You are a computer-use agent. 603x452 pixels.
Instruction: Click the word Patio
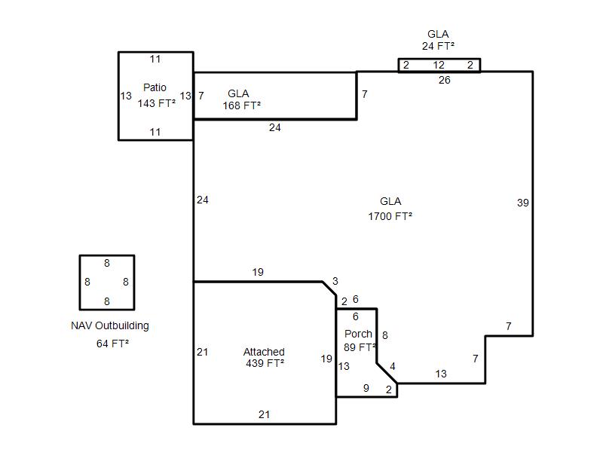(155, 87)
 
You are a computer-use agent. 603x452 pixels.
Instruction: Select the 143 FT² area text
(157, 103)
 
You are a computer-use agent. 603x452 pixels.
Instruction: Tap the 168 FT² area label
(241, 105)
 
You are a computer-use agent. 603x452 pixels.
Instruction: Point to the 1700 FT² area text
(390, 216)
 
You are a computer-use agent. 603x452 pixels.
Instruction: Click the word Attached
(264, 352)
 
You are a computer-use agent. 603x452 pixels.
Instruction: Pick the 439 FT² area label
(265, 363)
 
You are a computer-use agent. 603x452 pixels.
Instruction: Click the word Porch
(358, 334)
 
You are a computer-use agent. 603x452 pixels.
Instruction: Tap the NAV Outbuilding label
(110, 325)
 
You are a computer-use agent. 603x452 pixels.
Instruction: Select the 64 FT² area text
(112, 344)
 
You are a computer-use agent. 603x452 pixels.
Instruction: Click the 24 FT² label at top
(438, 46)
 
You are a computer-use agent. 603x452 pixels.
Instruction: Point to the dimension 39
(522, 203)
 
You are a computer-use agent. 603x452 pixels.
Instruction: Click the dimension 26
(444, 80)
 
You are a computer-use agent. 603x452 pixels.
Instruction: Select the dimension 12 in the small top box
(439, 65)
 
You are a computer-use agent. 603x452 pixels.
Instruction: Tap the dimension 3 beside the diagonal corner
(335, 281)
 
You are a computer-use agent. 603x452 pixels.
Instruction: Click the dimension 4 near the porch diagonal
(392, 366)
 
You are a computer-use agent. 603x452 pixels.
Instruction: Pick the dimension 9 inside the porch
(366, 388)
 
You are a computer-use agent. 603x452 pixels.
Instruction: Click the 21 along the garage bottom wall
(264, 414)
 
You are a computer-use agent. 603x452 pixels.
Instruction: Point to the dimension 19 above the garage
(258, 272)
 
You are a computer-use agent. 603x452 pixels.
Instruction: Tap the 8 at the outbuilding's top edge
(107, 263)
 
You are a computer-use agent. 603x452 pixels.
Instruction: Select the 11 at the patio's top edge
(155, 60)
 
